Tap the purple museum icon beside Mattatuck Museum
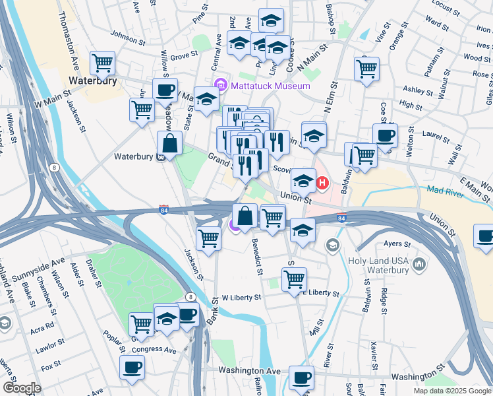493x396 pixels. [x=220, y=86]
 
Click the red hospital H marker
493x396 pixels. [x=322, y=182]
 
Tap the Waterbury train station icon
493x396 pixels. [x=159, y=157]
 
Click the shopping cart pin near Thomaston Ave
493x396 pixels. [x=102, y=63]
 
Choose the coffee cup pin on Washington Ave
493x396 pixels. [x=301, y=378]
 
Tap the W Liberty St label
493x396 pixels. [x=242, y=298]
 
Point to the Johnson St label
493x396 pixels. [x=128, y=39]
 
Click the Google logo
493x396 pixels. [x=22, y=388]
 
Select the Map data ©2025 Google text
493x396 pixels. [x=451, y=391]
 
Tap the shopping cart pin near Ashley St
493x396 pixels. [x=366, y=69]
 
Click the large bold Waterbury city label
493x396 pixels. [x=93, y=81]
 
